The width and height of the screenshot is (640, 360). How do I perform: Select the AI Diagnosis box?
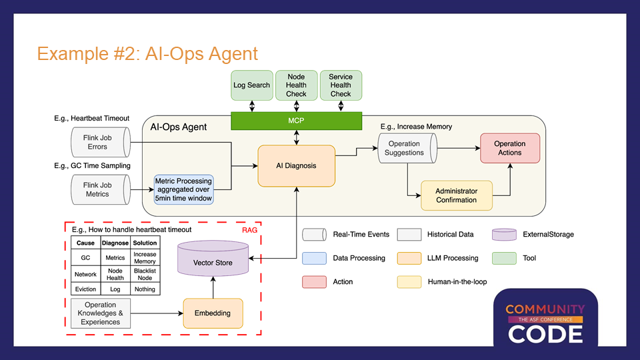296,165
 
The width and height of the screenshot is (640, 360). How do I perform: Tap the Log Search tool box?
252,85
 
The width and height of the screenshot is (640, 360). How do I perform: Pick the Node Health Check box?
296,85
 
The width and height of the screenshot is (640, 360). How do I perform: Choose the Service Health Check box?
341,85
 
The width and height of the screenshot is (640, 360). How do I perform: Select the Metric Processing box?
183,189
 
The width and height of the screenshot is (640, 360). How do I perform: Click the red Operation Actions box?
510,148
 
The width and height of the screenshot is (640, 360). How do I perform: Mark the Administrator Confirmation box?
457,195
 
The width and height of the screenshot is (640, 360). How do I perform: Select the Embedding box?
213,313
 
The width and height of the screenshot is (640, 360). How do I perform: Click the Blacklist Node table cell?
145,274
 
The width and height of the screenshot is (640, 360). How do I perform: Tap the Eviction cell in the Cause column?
85,289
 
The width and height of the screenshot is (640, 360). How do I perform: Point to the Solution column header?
145,243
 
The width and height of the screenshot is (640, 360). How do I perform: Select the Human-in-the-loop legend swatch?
409,281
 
